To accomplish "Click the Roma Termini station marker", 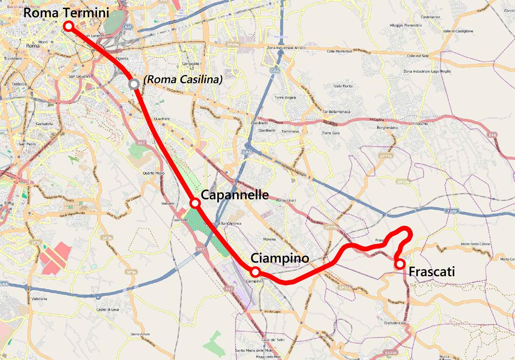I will pos(68,26).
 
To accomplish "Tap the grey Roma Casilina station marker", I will pos(134,84).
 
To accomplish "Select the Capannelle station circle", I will pos(195,203).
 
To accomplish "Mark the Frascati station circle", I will pos(400,264).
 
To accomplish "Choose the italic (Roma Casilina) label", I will pos(183,80).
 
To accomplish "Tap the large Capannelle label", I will pos(234,195).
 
